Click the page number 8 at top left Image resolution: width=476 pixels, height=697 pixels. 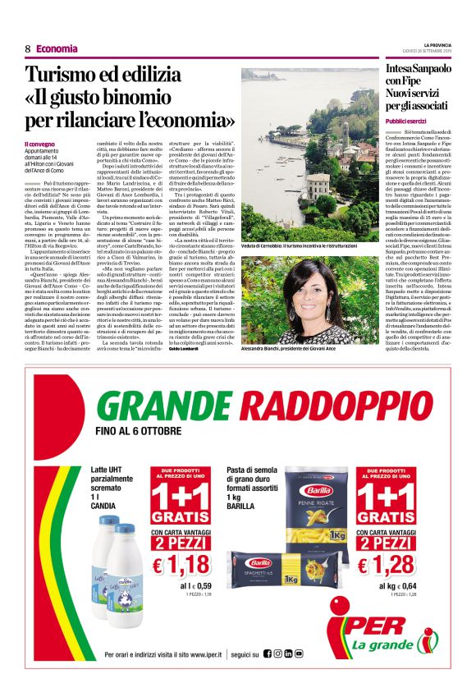27,48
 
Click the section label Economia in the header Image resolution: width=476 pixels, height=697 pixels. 57,48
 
